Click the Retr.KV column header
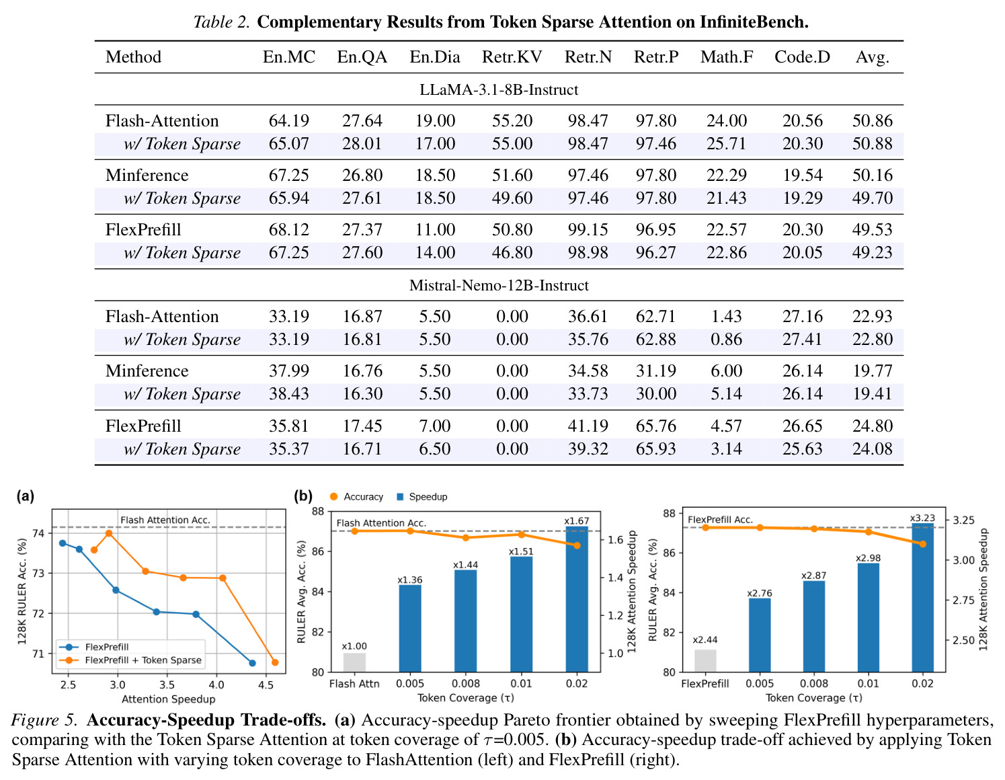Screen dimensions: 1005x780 coord(512,57)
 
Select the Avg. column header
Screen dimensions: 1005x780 coord(873,57)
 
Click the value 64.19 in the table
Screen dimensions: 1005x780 coord(288,121)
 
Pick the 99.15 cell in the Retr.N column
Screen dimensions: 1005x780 coord(588,229)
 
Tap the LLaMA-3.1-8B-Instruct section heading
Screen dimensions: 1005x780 coord(499,89)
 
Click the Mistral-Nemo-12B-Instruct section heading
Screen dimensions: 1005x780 coord(499,285)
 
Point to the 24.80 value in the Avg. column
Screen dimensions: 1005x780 coord(873,426)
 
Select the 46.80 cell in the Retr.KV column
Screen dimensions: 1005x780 coord(512,253)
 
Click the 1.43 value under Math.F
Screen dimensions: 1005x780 coord(726,317)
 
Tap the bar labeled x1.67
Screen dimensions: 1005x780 coord(576,598)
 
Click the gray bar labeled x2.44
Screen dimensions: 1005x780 coord(705,660)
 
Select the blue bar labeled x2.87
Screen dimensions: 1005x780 coord(813,627)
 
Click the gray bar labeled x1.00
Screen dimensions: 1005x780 coord(354,662)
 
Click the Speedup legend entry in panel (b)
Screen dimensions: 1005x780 coord(421,497)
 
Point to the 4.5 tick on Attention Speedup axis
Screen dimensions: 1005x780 coord(266,685)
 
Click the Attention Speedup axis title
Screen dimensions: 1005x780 coord(168,699)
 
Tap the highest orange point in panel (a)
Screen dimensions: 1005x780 coord(109,533)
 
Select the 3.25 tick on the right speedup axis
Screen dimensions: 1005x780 coord(964,520)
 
